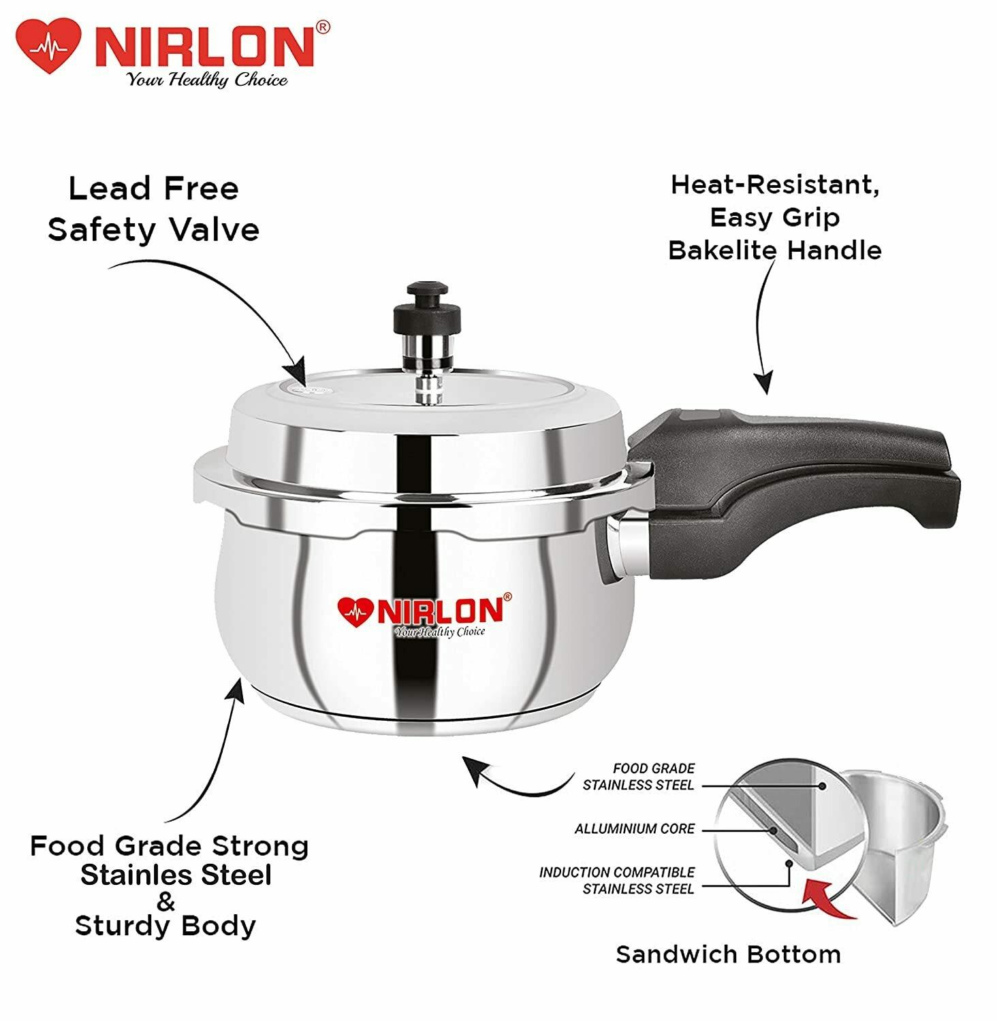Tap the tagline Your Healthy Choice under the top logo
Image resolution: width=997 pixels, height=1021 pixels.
[207, 80]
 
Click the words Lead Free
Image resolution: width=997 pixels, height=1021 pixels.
[154, 189]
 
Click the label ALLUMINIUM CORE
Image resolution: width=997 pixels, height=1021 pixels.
[635, 828]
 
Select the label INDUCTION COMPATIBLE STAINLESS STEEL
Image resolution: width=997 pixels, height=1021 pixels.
[617, 880]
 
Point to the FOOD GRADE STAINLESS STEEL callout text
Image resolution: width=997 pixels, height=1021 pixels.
[639, 777]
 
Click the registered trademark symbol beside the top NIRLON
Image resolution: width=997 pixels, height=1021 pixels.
[324, 28]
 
